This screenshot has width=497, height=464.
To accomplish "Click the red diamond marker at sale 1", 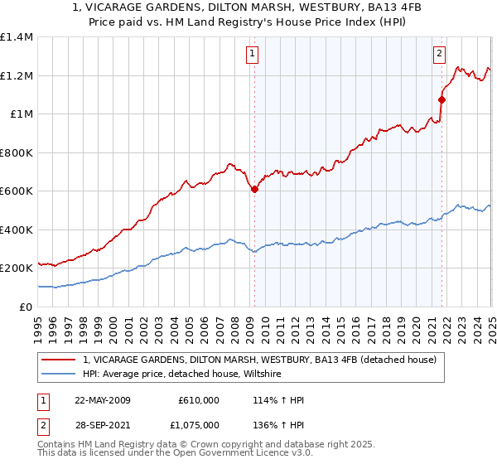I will coord(254,189).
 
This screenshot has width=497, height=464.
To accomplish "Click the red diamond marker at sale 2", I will coord(442,99).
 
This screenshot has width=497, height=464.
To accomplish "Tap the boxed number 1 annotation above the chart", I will coord(251,55).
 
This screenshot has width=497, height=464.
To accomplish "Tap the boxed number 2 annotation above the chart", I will coord(439,55).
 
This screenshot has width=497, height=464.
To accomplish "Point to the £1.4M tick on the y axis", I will coord(17,37).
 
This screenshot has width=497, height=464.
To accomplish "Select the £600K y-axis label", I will coord(17,191).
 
